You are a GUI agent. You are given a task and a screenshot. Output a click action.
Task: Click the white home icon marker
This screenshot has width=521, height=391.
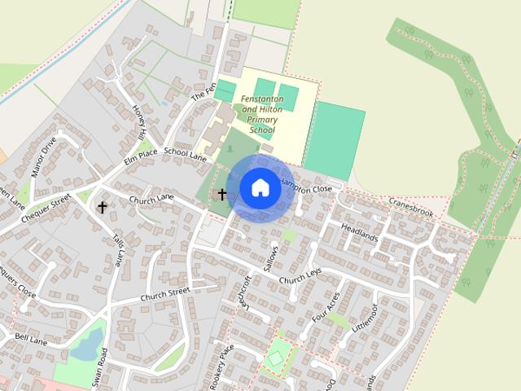click(x=259, y=187)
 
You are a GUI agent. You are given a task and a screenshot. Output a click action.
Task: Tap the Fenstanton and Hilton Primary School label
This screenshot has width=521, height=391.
click(x=262, y=114)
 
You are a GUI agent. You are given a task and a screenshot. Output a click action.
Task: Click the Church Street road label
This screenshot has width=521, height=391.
click(x=164, y=293)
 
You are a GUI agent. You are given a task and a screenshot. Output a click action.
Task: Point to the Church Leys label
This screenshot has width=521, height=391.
click(x=300, y=276)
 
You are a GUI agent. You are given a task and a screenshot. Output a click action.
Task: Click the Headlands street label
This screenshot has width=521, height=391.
click(x=360, y=231)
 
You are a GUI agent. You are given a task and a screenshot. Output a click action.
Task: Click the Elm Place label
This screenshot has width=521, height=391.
click(x=140, y=157)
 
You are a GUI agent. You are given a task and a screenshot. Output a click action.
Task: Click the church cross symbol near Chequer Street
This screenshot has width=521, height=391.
click(x=103, y=207)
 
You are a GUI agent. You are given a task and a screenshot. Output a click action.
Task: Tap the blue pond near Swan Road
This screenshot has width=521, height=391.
click(x=86, y=345)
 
